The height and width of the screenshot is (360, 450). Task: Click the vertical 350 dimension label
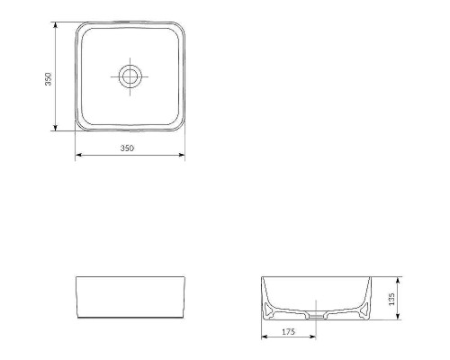[x=49, y=77]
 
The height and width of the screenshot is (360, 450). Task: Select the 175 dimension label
[x=288, y=332]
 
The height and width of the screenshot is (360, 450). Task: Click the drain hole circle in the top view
[x=130, y=76]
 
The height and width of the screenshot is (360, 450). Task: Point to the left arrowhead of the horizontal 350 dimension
[x=77, y=155]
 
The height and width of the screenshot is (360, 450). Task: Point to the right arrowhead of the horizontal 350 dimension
[x=183, y=155]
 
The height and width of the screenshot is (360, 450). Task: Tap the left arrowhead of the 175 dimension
[x=264, y=339]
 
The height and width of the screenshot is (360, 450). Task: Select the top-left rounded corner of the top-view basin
[x=80, y=28]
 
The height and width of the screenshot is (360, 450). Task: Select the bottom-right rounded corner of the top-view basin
[x=179, y=125]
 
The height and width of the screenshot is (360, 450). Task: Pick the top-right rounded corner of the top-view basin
[x=179, y=28]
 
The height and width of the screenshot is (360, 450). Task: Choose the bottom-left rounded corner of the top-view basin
[x=80, y=125]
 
